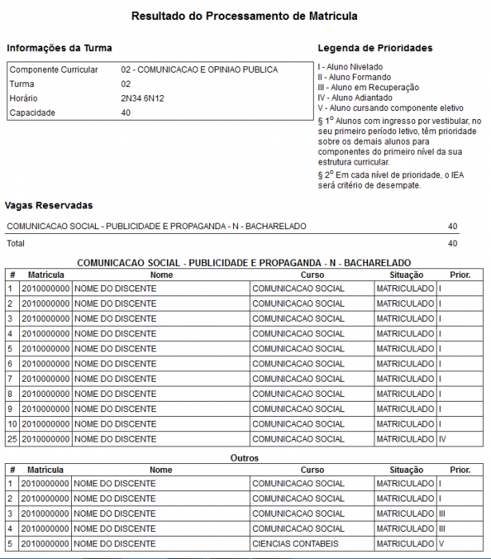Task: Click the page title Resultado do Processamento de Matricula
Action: pos(244,16)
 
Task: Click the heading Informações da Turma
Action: pos(59,48)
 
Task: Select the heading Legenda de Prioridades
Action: pos(374,48)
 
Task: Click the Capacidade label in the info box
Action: pos(32,113)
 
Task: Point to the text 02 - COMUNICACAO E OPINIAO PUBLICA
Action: pos(200,69)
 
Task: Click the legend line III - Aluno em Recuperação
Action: pos(368,87)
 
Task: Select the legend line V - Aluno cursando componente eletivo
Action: pos(390,108)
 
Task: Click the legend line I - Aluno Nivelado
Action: pos(350,66)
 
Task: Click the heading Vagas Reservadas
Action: pos(49,205)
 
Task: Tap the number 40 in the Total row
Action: pos(453,243)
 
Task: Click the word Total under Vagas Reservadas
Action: pos(16,243)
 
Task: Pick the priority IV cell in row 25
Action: pos(442,439)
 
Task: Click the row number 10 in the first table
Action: pos(12,424)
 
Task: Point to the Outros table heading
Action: pos(244,458)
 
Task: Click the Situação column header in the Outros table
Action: pos(406,470)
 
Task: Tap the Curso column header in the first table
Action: pos(312,275)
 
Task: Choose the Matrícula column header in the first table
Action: pos(46,275)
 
